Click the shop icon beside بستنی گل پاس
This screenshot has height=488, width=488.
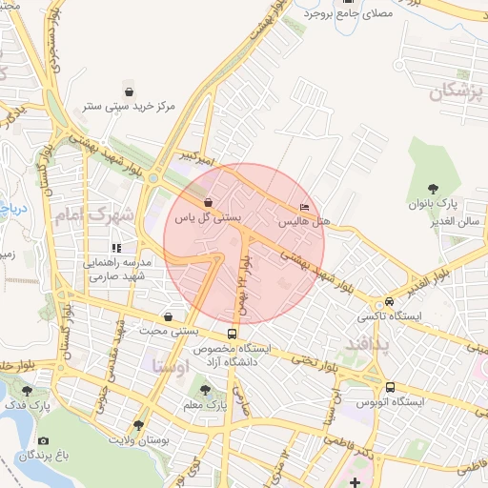pos(208,202)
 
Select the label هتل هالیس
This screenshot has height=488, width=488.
pos(304,220)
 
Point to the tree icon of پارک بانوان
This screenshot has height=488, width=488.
pos(435,188)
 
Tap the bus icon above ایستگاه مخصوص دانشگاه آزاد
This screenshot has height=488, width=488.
pos(233,335)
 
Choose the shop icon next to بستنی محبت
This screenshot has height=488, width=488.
pos(169,317)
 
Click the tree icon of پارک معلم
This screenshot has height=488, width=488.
pos(203,389)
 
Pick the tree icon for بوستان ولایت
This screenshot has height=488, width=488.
pos(139,425)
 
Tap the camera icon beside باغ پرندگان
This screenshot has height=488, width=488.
pos(43,441)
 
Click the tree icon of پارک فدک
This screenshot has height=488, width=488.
pos(26,390)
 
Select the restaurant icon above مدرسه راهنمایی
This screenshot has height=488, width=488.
pos(117,249)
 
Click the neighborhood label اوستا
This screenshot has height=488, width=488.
pos(171,365)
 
